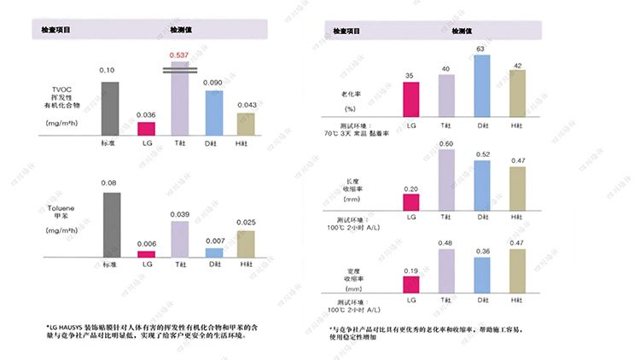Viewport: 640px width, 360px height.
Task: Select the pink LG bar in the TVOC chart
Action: tap(146, 129)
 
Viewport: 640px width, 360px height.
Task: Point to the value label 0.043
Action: tap(246, 105)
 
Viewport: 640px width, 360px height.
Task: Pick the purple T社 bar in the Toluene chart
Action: tap(179, 239)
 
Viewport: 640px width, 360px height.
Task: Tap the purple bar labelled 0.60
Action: tap(446, 180)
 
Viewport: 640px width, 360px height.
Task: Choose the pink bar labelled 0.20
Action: tap(411, 202)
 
